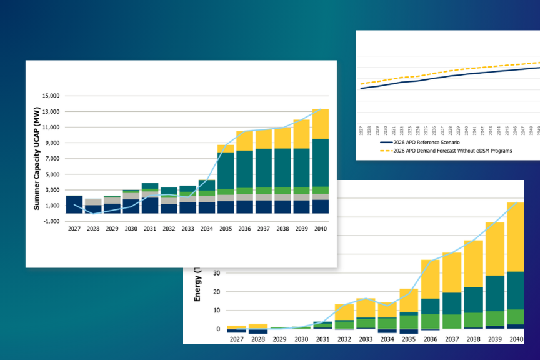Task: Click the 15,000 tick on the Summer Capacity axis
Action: pyautogui.click(x=49, y=96)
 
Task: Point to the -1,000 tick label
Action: pyautogui.click(x=51, y=221)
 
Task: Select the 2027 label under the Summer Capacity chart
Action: pyautogui.click(x=74, y=229)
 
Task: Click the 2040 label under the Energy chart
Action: pyautogui.click(x=516, y=339)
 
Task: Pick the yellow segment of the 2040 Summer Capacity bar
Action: pyautogui.click(x=321, y=124)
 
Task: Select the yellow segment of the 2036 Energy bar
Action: pyautogui.click(x=430, y=279)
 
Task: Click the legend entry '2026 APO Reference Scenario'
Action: pyautogui.click(x=421, y=142)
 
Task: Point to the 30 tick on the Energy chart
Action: pyautogui.click(x=217, y=273)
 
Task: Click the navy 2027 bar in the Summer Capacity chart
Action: pyautogui.click(x=74, y=204)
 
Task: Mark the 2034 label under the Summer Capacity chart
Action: pyautogui.click(x=207, y=229)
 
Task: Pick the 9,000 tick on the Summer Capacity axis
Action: pyautogui.click(x=51, y=143)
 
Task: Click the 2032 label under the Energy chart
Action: pyautogui.click(x=344, y=339)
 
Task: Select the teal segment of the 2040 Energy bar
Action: pyautogui.click(x=516, y=290)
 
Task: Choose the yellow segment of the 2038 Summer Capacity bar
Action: pyautogui.click(x=282, y=137)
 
